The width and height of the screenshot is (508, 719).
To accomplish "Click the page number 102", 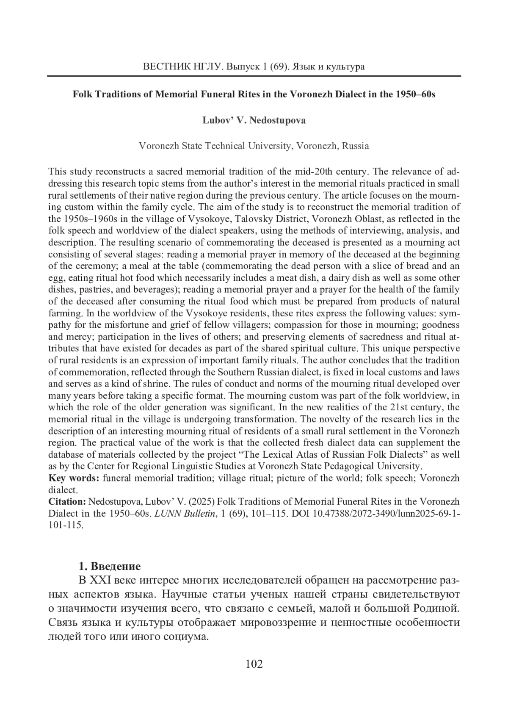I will point(254,664).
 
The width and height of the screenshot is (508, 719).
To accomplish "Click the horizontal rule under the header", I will point(254,76).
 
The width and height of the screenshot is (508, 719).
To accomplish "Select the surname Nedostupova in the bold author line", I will point(278,120).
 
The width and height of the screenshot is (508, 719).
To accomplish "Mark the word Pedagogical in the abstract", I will point(351,467).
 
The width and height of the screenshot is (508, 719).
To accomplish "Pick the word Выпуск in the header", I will point(242,67).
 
